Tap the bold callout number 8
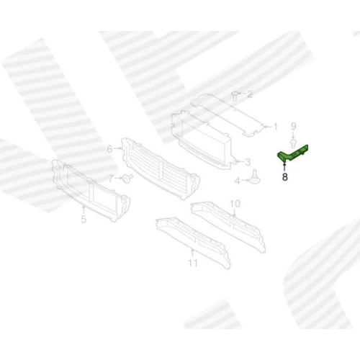[x=284, y=177]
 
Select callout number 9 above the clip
[x=293, y=126]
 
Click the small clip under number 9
[x=293, y=143]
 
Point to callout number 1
[x=275, y=127]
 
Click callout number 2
[x=250, y=94]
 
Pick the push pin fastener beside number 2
[x=234, y=95]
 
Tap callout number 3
[x=248, y=162]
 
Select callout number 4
[x=237, y=181]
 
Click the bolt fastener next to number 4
[x=255, y=178]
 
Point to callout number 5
[x=84, y=219]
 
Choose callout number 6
[x=109, y=149]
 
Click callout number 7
[x=111, y=179]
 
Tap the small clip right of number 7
[x=127, y=179]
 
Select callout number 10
[x=235, y=204]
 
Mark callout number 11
[x=193, y=263]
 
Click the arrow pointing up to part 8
[x=284, y=167]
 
